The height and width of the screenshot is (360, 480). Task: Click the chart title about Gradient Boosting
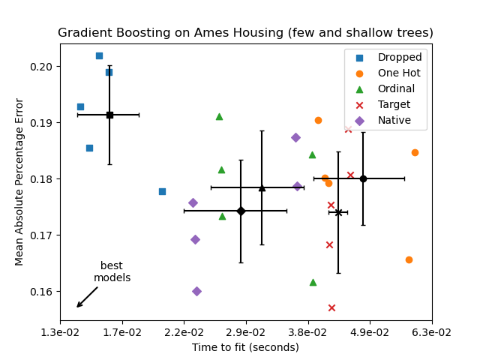(x=245, y=33)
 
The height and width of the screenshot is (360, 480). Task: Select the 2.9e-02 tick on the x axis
(x=246, y=331)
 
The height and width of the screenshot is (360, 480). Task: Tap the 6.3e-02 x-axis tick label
(x=431, y=331)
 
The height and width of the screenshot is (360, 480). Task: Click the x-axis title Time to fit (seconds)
(x=245, y=347)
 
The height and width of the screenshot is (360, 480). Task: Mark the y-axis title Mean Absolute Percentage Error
(x=20, y=181)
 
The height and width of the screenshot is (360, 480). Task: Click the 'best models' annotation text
(x=112, y=271)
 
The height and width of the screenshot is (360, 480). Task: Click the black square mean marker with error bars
(x=109, y=115)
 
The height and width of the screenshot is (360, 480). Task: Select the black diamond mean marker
(x=241, y=211)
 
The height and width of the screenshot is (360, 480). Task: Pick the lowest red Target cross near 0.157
(x=331, y=307)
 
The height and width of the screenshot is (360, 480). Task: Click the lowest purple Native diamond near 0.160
(x=196, y=291)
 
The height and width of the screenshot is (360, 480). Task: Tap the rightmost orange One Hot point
(x=415, y=152)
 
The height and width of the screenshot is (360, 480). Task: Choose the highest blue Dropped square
(x=99, y=55)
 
